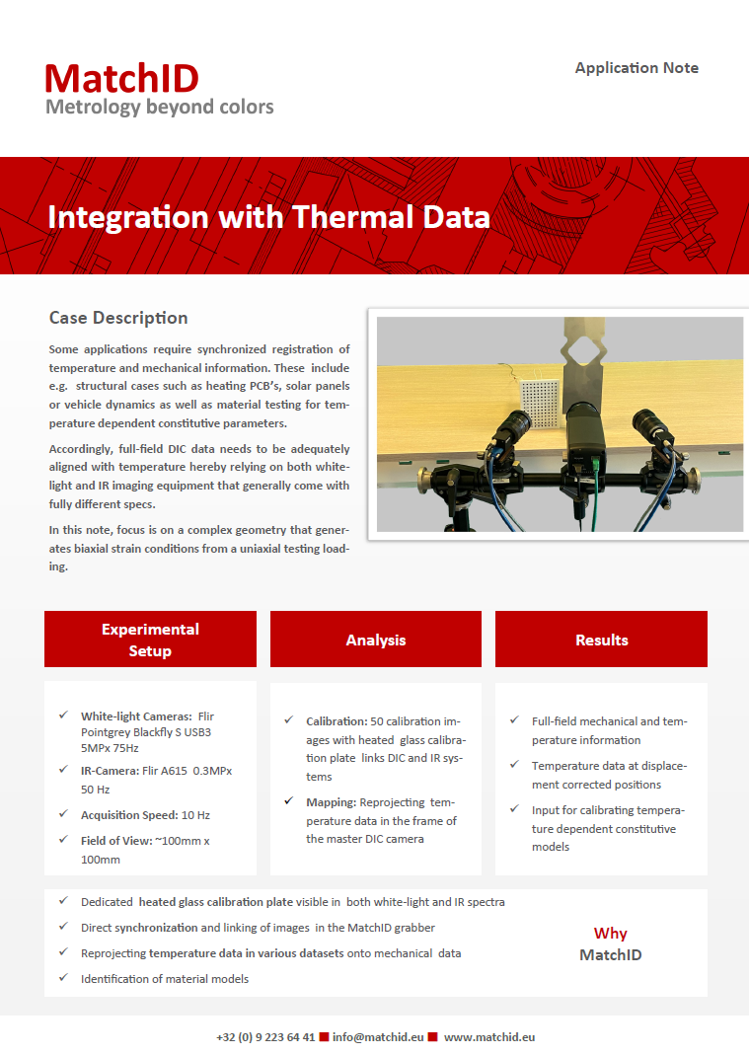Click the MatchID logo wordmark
point(121,79)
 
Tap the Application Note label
point(637,68)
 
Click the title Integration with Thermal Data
point(268,217)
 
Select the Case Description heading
point(118,318)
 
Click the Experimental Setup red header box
point(150,640)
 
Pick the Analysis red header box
point(376,640)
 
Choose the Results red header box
point(601,640)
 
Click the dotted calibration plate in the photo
point(541,403)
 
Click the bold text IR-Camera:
point(111,771)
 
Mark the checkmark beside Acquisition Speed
point(63,814)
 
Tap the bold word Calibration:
point(337,721)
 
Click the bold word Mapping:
point(332,802)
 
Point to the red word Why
point(611,934)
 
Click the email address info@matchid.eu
point(378,1037)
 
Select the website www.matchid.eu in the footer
point(489,1037)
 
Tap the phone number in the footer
point(265,1037)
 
